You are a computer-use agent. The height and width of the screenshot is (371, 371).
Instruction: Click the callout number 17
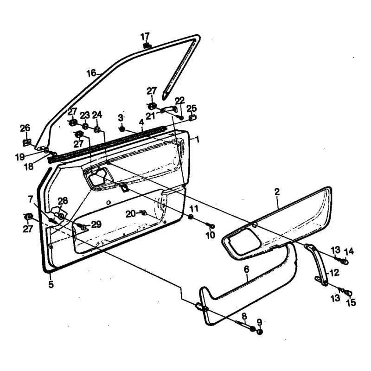[x=145, y=37]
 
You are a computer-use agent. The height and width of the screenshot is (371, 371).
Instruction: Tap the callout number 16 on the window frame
[x=91, y=73]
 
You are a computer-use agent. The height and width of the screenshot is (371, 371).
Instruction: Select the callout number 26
[x=25, y=128]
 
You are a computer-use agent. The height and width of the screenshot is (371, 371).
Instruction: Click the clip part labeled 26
[x=27, y=143]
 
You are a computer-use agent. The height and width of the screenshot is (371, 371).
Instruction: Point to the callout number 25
[x=192, y=109]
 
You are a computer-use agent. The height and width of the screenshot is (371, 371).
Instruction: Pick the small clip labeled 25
[x=193, y=117]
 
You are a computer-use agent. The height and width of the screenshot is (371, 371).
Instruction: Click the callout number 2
[x=277, y=192]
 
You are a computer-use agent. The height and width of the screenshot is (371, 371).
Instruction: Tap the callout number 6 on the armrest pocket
[x=246, y=269]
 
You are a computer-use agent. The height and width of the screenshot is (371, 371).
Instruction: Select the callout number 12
[x=334, y=273]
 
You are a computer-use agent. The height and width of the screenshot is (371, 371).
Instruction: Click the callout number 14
[x=349, y=251]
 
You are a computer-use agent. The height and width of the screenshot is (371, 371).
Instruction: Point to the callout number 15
[x=351, y=303]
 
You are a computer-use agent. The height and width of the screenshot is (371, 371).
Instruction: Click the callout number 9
[x=259, y=322]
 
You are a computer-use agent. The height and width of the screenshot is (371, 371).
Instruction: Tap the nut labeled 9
[x=260, y=332]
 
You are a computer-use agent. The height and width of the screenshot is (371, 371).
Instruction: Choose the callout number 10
[x=210, y=235]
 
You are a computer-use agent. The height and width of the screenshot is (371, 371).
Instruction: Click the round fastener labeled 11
[x=191, y=217]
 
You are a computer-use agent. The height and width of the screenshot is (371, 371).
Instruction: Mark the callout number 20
[x=131, y=214]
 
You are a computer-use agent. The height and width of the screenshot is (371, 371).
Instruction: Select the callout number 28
[x=63, y=201]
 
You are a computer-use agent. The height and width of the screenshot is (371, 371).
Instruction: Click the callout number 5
[x=51, y=285]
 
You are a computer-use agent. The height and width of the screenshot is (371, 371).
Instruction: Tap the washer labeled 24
[x=97, y=130]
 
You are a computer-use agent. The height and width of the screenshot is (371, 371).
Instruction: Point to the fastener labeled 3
[x=122, y=129]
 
